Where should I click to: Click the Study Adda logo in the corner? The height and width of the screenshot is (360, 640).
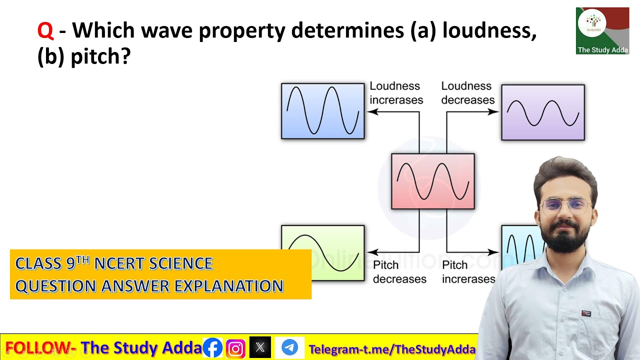602,30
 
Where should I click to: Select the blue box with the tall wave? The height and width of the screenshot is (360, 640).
322,111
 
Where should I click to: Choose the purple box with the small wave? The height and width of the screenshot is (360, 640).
542,112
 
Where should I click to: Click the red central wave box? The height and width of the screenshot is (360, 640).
432,181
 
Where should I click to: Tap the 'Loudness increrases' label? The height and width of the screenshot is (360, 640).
396,93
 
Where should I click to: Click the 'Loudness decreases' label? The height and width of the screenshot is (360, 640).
467,93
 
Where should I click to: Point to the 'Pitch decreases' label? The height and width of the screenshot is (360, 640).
399,272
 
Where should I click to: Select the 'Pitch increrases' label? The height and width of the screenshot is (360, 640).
468,272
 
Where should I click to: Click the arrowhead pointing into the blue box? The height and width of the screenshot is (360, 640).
371,112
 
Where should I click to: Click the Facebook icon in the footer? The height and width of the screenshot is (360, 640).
212,348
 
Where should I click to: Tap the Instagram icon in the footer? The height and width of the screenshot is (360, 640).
235,348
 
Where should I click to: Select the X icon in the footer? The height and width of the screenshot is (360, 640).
260,348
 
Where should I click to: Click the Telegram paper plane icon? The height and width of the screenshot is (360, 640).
289,348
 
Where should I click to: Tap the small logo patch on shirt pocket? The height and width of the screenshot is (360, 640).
586,313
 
